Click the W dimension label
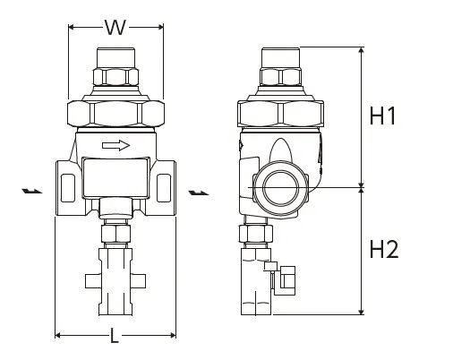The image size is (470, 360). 115,28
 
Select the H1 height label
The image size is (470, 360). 383,116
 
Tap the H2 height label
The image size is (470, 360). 383,250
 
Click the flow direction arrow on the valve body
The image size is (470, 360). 116,145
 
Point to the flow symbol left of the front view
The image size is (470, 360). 31,191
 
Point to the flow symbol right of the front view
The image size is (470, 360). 197,191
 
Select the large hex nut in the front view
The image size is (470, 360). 115,113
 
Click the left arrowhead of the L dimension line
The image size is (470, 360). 59,335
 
